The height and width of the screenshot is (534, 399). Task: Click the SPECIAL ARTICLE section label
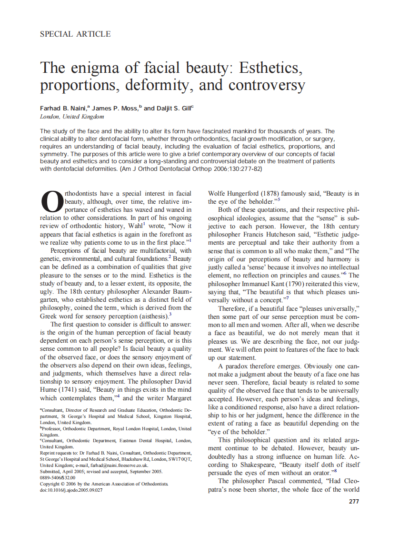click(75, 34)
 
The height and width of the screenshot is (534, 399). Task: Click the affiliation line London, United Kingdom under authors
click(72, 117)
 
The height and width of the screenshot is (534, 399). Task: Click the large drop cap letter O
click(51, 203)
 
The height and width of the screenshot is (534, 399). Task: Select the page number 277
click(354, 501)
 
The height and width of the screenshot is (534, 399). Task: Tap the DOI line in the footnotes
click(71, 490)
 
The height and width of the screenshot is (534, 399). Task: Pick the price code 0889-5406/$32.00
click(58, 477)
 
